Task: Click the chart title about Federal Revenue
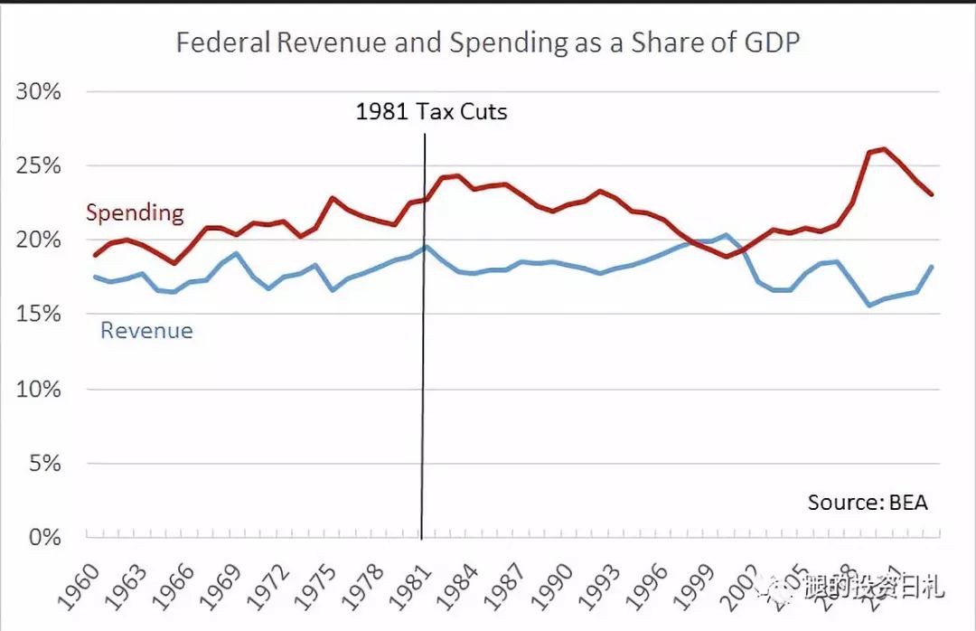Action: (x=488, y=43)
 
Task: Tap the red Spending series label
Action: (x=135, y=213)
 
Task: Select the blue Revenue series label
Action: (x=146, y=331)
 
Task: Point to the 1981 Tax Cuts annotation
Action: (x=431, y=112)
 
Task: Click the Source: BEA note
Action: (x=868, y=503)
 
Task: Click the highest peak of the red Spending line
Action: (x=883, y=148)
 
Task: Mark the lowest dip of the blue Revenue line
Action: (x=869, y=306)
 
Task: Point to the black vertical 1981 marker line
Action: (x=423, y=362)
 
